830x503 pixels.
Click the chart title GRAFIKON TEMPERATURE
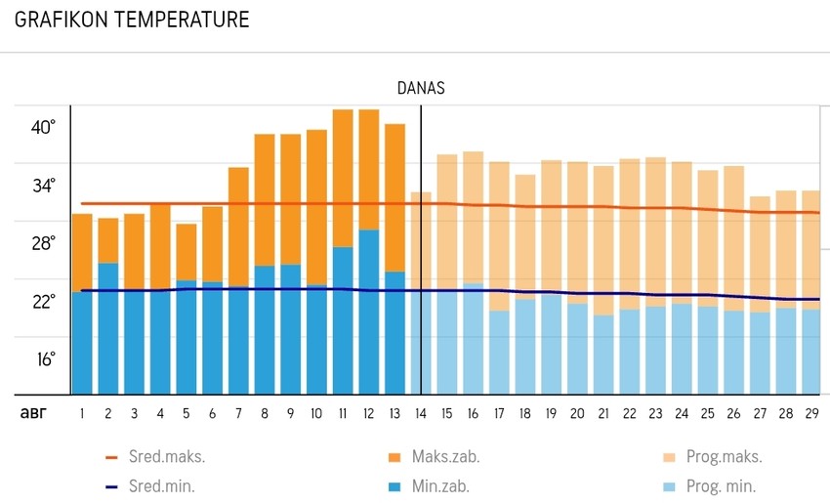(x=132, y=20)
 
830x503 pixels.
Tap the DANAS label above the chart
(x=421, y=88)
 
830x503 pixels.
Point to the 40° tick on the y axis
(x=44, y=127)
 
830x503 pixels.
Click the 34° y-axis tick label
(x=44, y=185)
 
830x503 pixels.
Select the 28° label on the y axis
(x=44, y=242)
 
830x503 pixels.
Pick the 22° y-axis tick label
(x=44, y=301)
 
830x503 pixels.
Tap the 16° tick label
(x=44, y=358)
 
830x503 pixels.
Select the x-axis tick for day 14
(x=421, y=414)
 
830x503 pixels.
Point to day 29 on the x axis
(x=810, y=414)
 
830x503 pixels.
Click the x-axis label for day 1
(x=82, y=414)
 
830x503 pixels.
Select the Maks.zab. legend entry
(x=445, y=456)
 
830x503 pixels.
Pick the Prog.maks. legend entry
(x=723, y=456)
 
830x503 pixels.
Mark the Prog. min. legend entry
(x=722, y=485)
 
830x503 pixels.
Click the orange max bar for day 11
(x=343, y=176)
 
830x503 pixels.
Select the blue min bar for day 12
(x=368, y=313)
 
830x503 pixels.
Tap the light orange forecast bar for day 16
(x=473, y=215)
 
